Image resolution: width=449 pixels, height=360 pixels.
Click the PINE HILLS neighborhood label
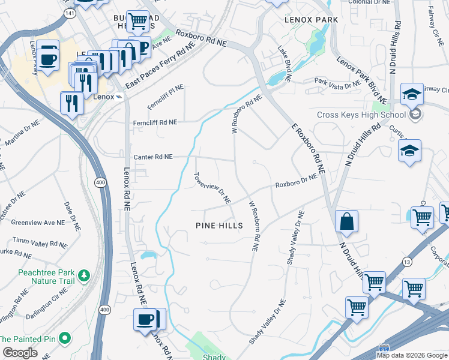219,226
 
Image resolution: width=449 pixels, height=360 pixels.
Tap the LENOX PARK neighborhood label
311,20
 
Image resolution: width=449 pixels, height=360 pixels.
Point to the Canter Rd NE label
153,157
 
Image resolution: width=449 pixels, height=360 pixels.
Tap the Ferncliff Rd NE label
155,122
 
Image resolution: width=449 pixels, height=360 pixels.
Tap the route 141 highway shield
71,12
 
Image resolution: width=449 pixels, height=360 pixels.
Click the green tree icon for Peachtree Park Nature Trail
85,275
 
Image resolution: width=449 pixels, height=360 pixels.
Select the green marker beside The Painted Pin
64,338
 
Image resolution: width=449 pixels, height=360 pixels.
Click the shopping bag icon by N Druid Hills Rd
347,221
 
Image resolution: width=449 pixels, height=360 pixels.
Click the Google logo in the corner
20,353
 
